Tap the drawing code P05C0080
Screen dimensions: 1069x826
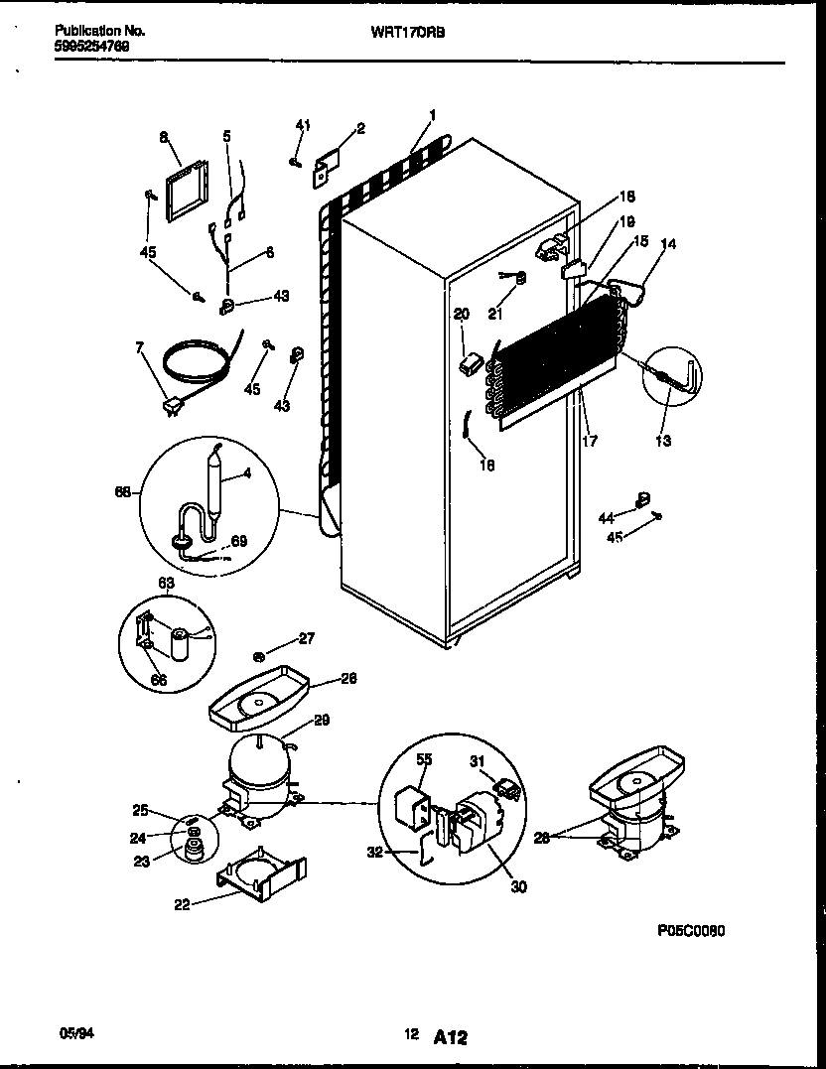point(691,931)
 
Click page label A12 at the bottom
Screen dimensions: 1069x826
point(450,1037)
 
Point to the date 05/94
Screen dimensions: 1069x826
point(74,1033)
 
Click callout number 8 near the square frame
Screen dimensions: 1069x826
point(164,138)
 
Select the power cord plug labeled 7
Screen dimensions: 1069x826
point(173,403)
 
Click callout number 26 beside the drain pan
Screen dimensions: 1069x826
point(348,679)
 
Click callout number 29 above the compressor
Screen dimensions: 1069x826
point(322,721)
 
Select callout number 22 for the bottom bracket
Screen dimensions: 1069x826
point(179,902)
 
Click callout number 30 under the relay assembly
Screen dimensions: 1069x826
point(518,887)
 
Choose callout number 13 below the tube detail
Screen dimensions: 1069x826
point(662,441)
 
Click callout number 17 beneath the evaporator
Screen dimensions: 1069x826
point(590,441)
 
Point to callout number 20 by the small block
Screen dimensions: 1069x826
point(461,314)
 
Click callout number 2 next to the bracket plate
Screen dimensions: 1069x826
point(360,128)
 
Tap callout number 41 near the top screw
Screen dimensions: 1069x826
point(303,124)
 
